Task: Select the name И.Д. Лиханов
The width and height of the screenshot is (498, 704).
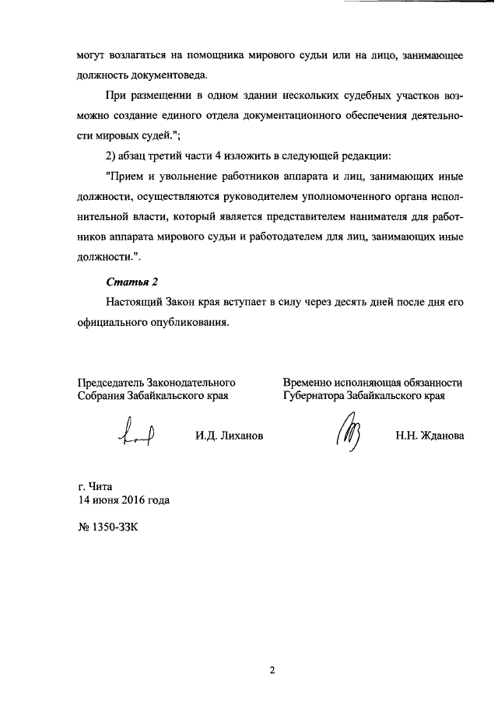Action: tap(230, 436)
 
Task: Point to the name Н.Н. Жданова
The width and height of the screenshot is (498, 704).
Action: tap(430, 436)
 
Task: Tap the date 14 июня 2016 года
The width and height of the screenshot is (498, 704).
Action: tap(124, 499)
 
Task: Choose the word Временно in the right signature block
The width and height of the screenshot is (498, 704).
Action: tap(310, 382)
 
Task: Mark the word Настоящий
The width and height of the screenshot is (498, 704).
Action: tap(133, 302)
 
